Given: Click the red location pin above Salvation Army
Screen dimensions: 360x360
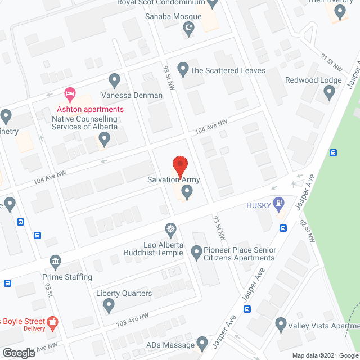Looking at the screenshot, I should coord(180,165).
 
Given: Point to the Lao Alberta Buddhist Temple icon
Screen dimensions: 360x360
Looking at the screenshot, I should coord(170,229).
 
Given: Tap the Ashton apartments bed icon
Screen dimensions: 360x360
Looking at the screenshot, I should coord(70,93).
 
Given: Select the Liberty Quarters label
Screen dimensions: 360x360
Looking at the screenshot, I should coord(124,293).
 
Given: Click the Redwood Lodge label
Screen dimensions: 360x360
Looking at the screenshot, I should coord(313,80).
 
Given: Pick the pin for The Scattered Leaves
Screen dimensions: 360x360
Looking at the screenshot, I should coord(183,70).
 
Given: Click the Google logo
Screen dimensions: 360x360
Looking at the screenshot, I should coord(18,353).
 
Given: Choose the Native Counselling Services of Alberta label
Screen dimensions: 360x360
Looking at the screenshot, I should coord(84,123).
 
